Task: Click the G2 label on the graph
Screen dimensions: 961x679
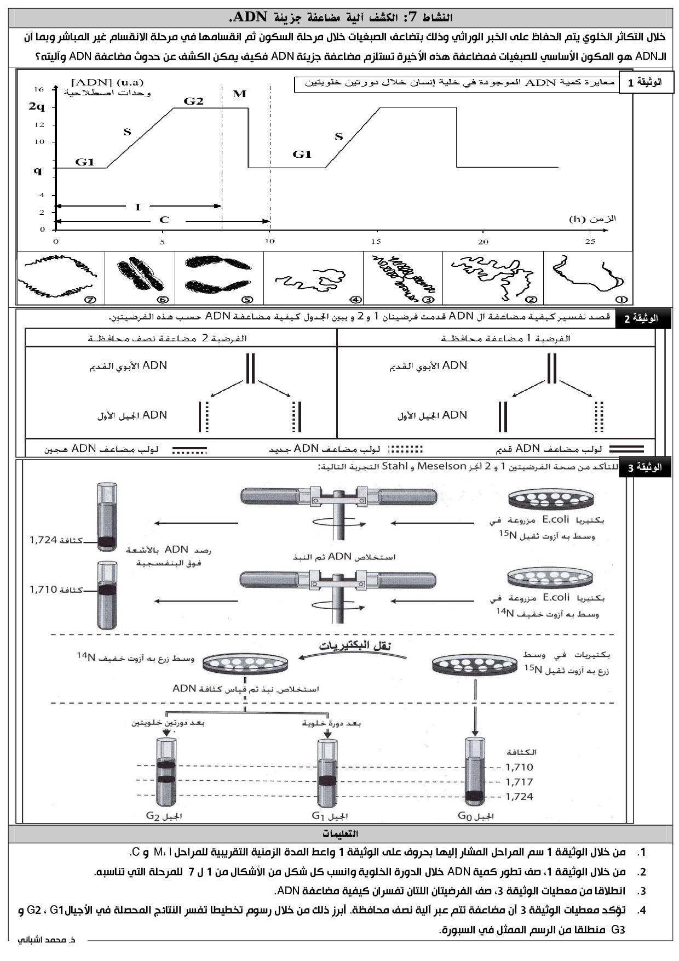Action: point(193,101)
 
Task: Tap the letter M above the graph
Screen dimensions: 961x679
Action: point(239,94)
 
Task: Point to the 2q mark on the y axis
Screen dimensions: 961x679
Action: point(37,107)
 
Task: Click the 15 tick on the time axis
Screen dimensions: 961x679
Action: point(376,242)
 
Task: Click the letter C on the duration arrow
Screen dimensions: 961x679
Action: point(164,220)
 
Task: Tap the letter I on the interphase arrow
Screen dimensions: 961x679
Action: point(138,207)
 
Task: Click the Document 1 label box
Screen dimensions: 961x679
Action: point(646,83)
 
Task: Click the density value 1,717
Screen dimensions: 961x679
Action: point(519,782)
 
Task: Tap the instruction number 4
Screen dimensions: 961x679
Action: point(642,911)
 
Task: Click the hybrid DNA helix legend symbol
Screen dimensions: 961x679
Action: point(190,450)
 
